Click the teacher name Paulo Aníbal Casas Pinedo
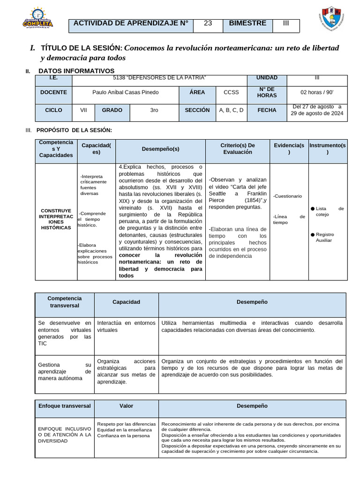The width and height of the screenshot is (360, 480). pyautogui.click(x=126, y=92)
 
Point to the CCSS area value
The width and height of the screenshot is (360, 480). pyautogui.click(x=231, y=92)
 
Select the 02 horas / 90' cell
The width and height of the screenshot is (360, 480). pyautogui.click(x=317, y=92)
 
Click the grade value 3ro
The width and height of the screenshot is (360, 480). pyautogui.click(x=154, y=110)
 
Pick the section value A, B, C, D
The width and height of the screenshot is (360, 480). pyautogui.click(x=231, y=110)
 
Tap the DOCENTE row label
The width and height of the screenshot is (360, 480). pyautogui.click(x=53, y=92)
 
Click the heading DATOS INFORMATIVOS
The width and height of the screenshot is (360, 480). pyautogui.click(x=76, y=71)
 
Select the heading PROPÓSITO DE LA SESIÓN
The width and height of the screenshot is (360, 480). pyautogui.click(x=74, y=130)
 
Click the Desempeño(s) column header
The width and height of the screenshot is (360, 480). pyautogui.click(x=160, y=149)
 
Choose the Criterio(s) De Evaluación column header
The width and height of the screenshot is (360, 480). pyautogui.click(x=237, y=149)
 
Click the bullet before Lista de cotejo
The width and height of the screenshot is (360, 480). pyautogui.click(x=313, y=209)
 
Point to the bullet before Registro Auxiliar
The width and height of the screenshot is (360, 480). pyautogui.click(x=313, y=234)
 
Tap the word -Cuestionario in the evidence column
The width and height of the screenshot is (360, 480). pyautogui.click(x=287, y=196)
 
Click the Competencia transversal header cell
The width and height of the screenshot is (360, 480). pyautogui.click(x=65, y=302)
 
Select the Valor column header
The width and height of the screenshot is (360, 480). pyautogui.click(x=126, y=406)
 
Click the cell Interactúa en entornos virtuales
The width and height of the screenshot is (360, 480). pyautogui.click(x=126, y=326)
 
